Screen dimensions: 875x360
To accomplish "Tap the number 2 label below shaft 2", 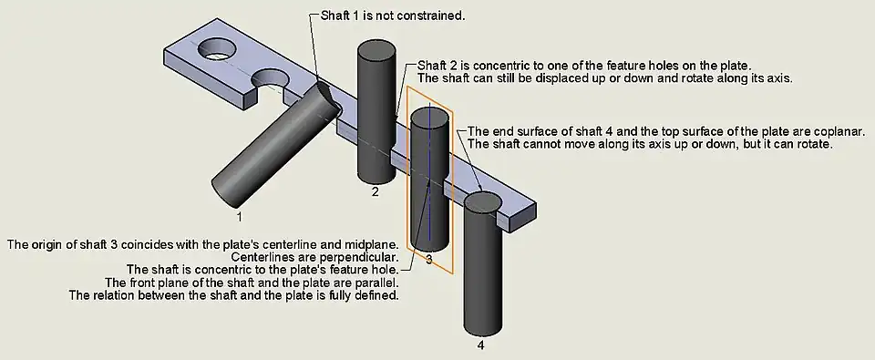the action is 376,192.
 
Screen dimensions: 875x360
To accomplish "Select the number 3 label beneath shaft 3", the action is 428,260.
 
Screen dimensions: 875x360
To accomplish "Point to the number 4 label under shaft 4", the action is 481,345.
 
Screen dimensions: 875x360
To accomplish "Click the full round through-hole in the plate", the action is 217,49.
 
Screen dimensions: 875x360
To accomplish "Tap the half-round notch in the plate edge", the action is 270,81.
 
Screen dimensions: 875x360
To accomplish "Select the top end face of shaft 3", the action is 428,118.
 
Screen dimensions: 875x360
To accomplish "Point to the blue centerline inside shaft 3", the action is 429,172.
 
